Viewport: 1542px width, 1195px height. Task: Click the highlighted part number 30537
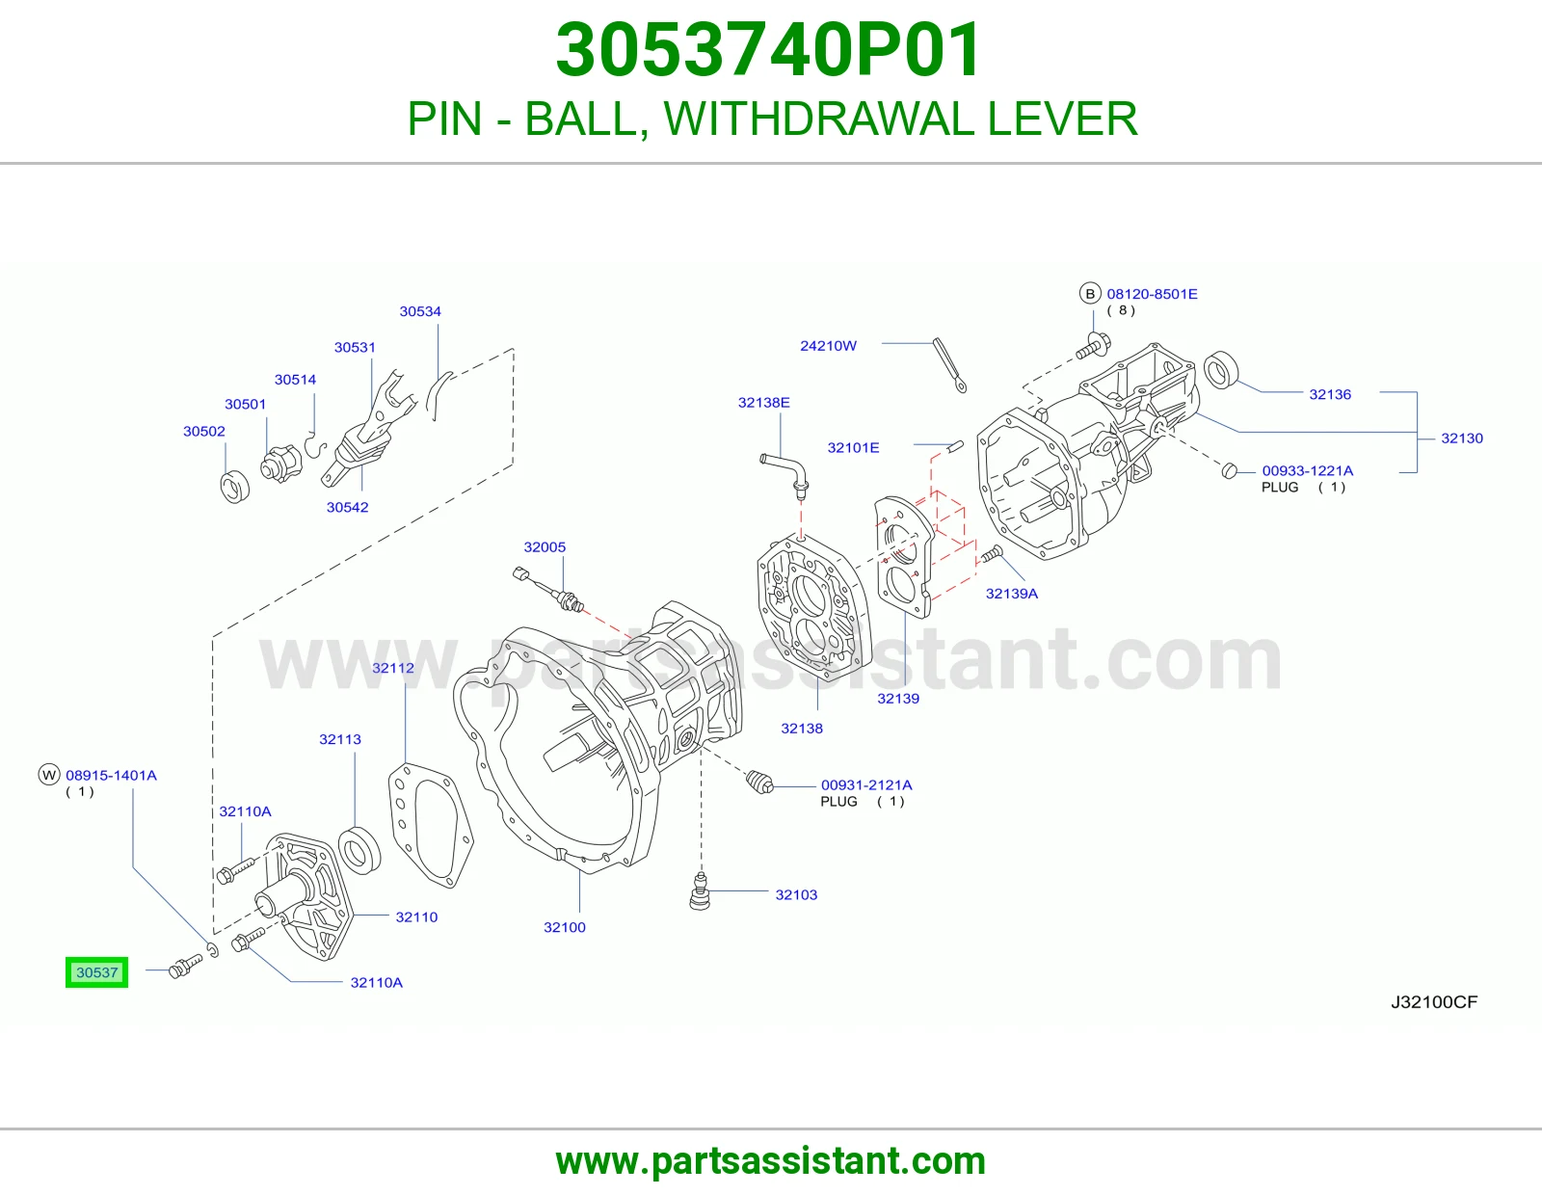tap(97, 972)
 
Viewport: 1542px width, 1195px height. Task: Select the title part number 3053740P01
tap(769, 50)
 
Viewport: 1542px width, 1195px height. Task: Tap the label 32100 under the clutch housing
tap(564, 927)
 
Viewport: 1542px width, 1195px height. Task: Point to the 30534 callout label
tap(420, 311)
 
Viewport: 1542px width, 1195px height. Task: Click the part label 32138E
tap(763, 403)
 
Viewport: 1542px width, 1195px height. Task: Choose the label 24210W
tap(828, 346)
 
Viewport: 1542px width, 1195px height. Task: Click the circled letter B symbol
tap(1090, 293)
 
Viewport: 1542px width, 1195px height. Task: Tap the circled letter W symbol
tap(49, 774)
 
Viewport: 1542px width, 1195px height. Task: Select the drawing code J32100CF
tap(1433, 1002)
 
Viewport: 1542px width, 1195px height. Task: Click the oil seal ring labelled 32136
tap(1221, 370)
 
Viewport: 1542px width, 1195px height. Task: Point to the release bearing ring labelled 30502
tap(235, 487)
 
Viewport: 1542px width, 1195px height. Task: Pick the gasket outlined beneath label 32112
tap(431, 825)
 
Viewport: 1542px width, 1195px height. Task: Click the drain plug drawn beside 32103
tap(700, 892)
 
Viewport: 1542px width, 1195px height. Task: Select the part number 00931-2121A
tap(866, 784)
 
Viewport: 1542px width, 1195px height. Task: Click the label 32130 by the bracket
tap(1462, 438)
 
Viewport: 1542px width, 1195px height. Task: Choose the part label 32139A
tap(1011, 594)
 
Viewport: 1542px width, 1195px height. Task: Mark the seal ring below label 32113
tap(359, 850)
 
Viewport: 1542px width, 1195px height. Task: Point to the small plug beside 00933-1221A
tap(1230, 469)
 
